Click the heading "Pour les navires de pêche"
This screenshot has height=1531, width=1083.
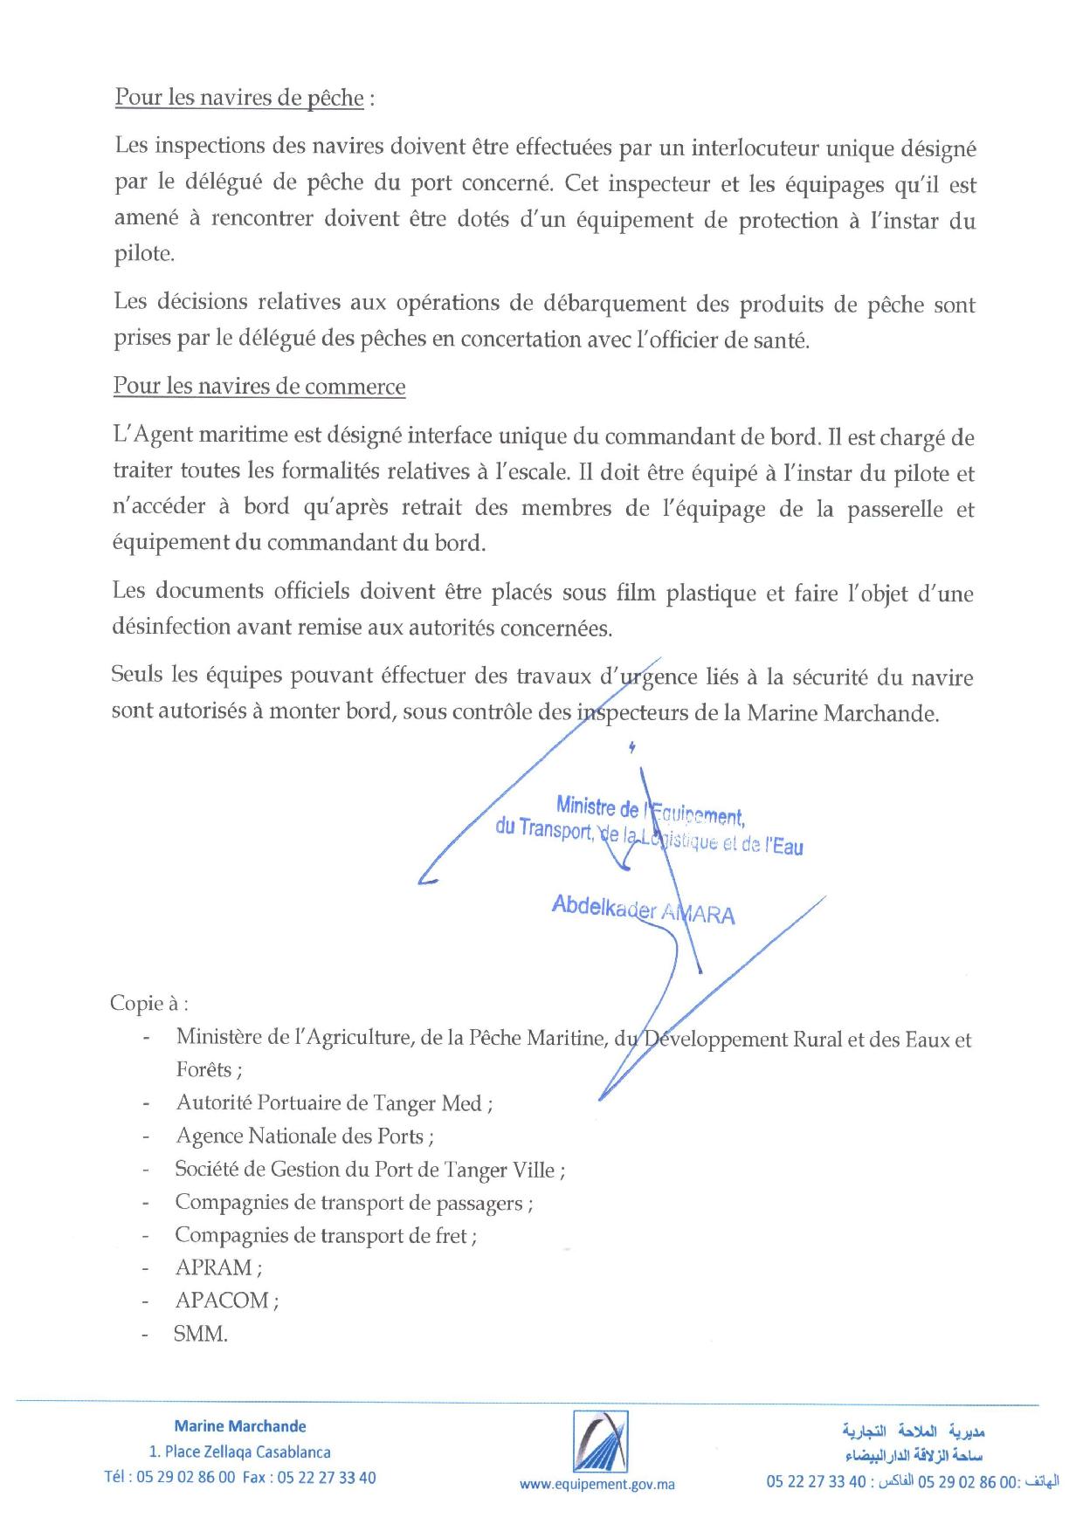pos(238,98)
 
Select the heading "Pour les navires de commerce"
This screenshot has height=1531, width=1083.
pos(259,387)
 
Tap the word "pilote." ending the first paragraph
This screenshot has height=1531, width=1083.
pos(144,254)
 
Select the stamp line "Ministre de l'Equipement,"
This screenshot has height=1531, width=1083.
pos(649,810)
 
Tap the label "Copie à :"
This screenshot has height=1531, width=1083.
pos(148,1003)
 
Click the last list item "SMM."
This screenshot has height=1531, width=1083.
pos(201,1334)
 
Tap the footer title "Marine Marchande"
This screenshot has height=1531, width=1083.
pos(240,1426)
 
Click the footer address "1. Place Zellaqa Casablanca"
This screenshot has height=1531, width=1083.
pos(240,1452)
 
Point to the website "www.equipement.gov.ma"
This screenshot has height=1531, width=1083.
pos(597,1484)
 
